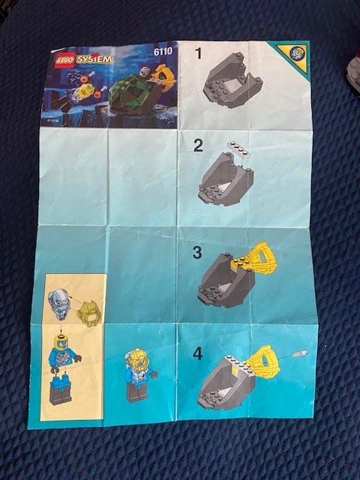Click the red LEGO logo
coord(65,60)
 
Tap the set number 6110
coord(163,52)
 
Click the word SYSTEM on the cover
coord(94,59)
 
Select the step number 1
coord(198,53)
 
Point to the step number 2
coord(198,145)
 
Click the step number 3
coord(197,253)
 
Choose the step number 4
coord(197,353)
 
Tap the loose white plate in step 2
coord(239,148)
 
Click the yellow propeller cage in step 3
coord(263,258)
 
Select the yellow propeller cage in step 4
coord(263,362)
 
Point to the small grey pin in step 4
coord(300,354)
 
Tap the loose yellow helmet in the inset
coord(88,313)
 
